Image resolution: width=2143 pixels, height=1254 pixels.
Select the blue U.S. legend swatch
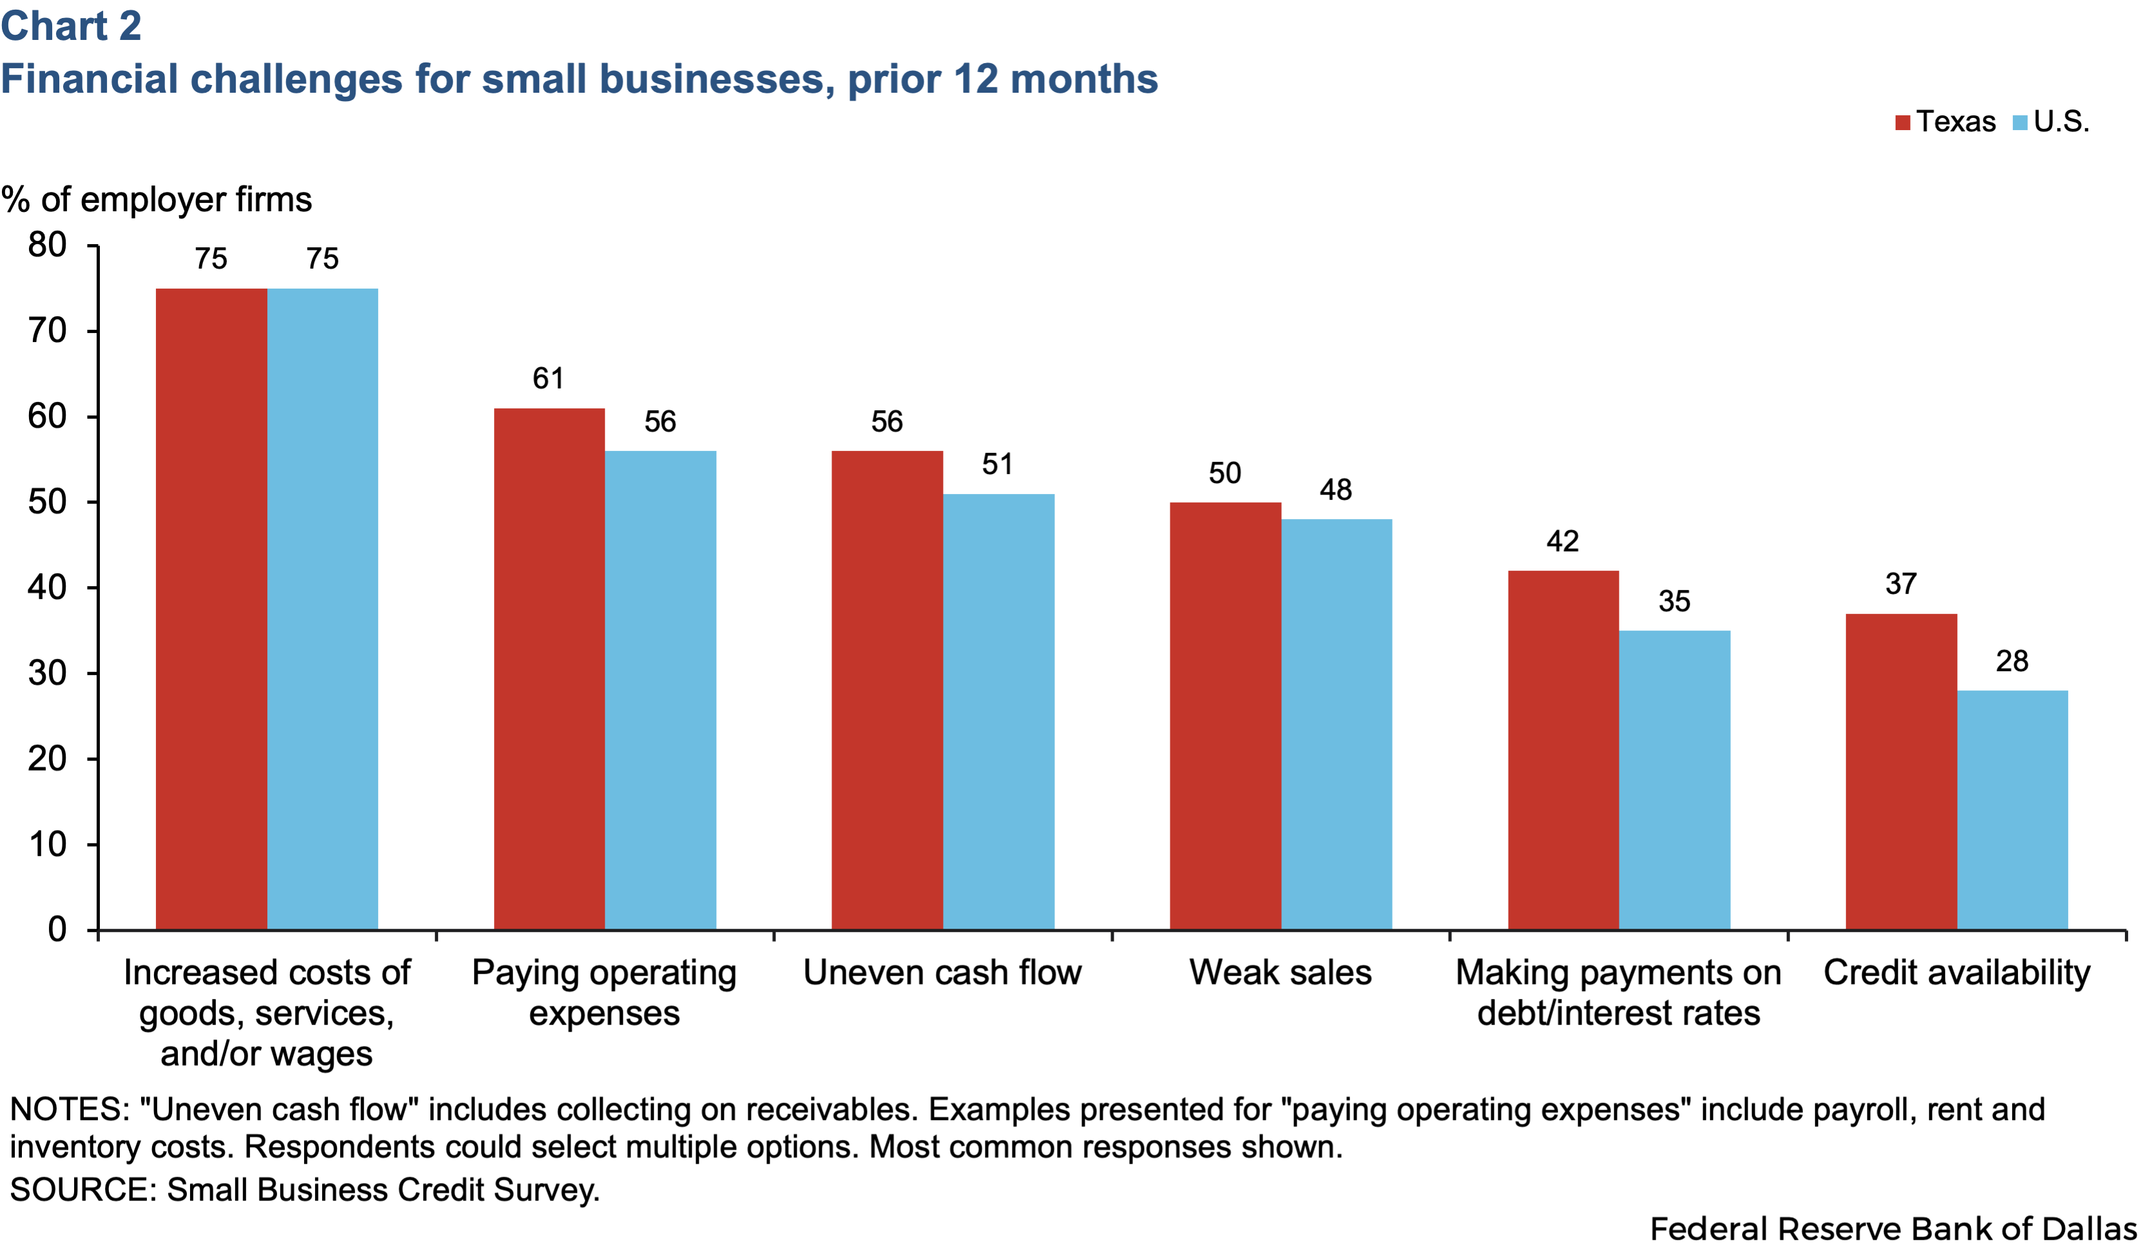2021,122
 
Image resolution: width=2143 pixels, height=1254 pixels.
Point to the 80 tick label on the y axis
48,245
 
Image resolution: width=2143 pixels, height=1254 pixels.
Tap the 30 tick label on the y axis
48,673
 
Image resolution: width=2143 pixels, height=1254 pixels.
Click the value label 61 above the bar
549,378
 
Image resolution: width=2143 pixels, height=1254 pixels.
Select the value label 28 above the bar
2012,661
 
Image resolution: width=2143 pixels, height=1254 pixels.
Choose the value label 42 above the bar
1562,542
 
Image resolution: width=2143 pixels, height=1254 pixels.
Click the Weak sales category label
1280,973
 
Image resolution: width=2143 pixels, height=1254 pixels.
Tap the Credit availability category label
1956,973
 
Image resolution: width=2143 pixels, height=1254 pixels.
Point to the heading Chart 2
71,26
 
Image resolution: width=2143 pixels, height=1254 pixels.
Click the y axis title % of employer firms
157,200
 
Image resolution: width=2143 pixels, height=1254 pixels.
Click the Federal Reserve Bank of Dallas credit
1893,1228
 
